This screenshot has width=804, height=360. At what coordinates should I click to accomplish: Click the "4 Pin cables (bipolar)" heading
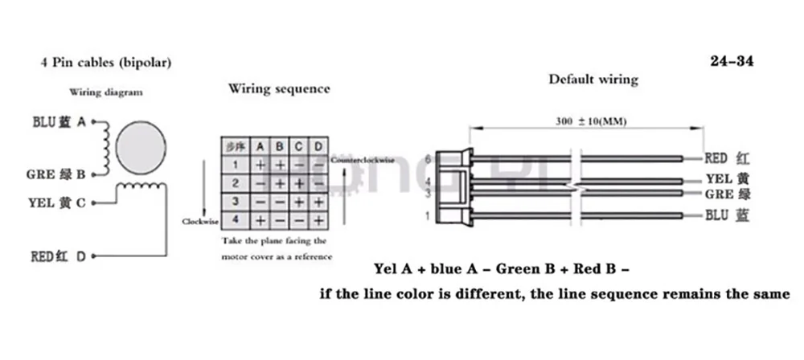(105, 61)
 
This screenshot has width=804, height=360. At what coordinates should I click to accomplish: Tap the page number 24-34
(732, 60)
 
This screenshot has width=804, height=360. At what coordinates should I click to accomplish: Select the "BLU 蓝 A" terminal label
(59, 122)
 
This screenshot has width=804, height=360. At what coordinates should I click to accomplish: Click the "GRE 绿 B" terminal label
(59, 172)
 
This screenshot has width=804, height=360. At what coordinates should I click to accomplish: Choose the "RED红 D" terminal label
(58, 257)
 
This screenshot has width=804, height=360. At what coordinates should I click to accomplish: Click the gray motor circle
(142, 149)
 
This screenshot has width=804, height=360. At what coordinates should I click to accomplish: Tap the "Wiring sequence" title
(279, 88)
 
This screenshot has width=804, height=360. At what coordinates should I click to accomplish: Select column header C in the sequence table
(298, 147)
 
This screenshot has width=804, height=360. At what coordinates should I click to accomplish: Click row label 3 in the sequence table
(235, 200)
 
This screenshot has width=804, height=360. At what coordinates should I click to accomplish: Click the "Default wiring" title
(593, 79)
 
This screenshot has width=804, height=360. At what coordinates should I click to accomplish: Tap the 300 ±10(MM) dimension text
(591, 121)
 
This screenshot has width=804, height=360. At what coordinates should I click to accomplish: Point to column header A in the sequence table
(260, 147)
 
